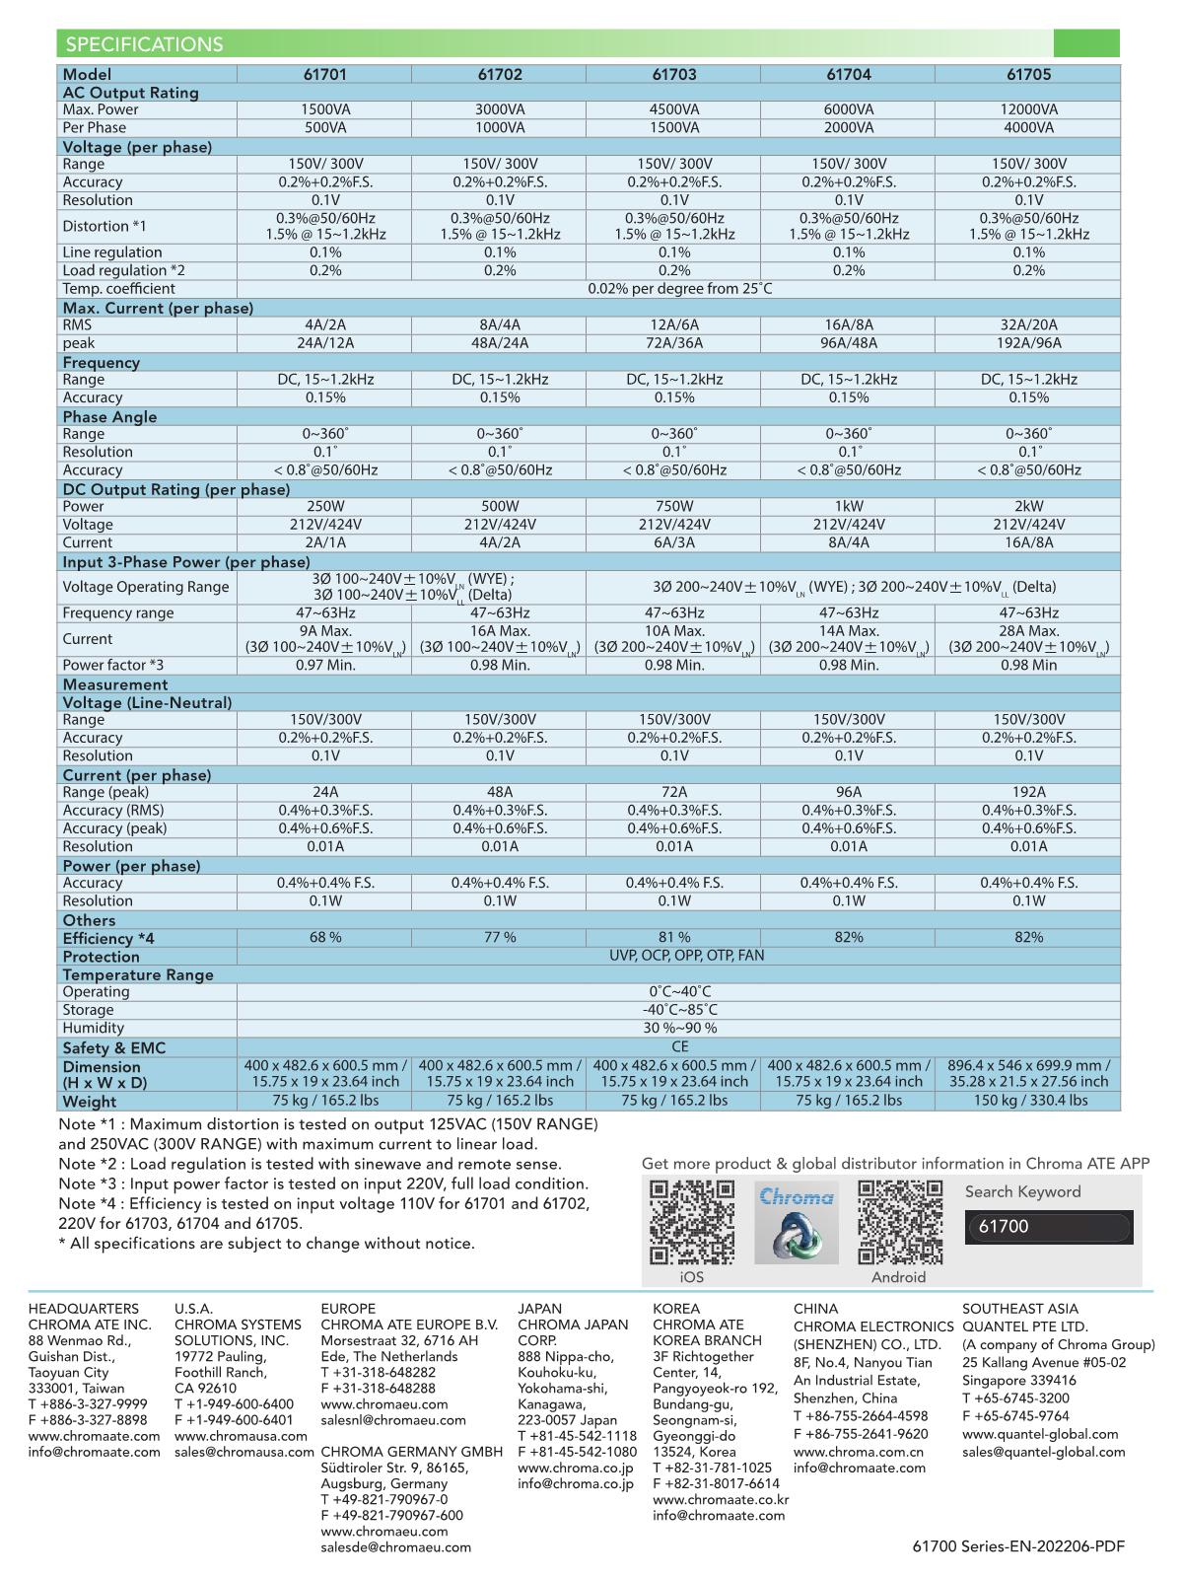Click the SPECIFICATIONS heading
(144, 44)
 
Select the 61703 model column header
(674, 74)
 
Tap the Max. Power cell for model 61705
(1028, 109)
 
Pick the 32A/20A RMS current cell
(1028, 325)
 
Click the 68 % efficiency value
(325, 937)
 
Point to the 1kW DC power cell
(849, 507)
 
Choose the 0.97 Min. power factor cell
(325, 665)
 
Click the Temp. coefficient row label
(118, 289)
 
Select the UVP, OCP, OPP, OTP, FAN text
(679, 956)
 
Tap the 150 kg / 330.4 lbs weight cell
(1028, 1101)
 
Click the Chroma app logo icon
(797, 1223)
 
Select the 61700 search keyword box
(1050, 1227)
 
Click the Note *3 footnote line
(323, 1183)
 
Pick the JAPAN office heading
(539, 1309)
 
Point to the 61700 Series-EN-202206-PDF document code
(1018, 1546)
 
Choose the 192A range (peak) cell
(1028, 792)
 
